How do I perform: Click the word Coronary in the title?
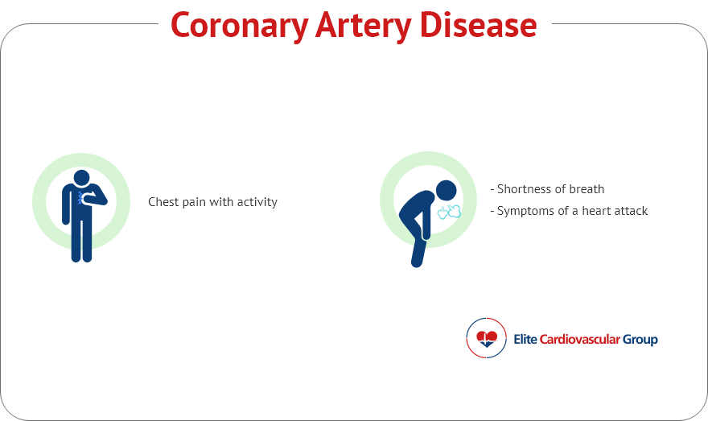[x=239, y=27]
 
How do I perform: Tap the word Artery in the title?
[x=364, y=27]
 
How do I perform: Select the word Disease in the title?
[x=478, y=25]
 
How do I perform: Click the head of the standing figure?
[x=82, y=178]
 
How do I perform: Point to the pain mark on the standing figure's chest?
[x=80, y=198]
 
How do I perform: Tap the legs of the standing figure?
[x=82, y=241]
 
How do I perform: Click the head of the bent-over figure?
[x=446, y=190]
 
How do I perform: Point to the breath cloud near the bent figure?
[x=449, y=212]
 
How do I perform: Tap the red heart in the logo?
[x=487, y=336]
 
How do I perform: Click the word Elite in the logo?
[x=525, y=339]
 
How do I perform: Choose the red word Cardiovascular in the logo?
[x=580, y=339]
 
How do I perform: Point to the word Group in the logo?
[x=640, y=340]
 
